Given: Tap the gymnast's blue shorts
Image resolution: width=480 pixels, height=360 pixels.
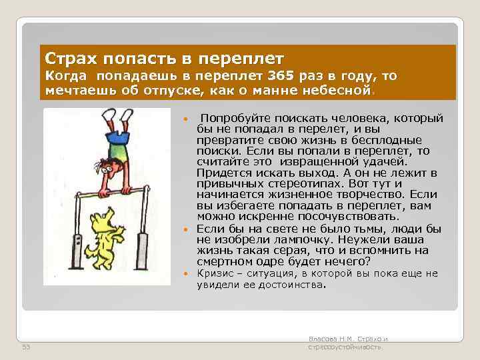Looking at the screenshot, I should (x=117, y=137).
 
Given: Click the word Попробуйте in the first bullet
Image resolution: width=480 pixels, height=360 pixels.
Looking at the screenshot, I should (x=234, y=118).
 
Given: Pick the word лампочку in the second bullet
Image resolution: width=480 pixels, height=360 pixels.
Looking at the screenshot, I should (x=302, y=239).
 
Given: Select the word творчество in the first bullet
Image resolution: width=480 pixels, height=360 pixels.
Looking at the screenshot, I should (x=378, y=195).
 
